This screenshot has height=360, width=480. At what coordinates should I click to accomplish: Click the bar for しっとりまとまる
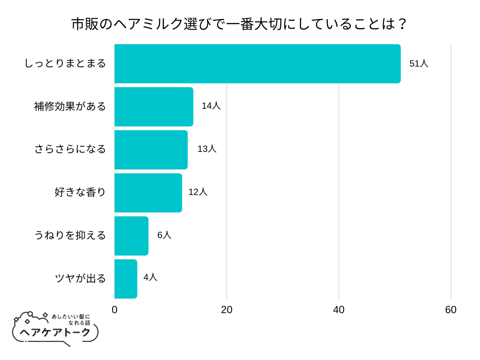[x=257, y=64]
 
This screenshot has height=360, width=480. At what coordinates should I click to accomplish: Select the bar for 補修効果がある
[x=154, y=107]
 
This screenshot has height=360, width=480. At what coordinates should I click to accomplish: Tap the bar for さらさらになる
[x=151, y=150]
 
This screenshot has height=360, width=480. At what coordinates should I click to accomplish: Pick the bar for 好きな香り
[x=148, y=193]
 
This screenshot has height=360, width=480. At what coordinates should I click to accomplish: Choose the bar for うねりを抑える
[x=131, y=236]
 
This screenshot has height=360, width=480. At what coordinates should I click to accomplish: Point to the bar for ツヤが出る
[x=126, y=279]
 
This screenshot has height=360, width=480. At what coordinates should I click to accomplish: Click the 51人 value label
[x=419, y=64]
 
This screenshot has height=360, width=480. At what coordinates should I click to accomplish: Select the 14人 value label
[x=211, y=106]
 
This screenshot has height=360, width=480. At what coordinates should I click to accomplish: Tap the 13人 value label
[x=207, y=149]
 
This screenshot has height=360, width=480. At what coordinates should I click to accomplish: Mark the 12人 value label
[x=198, y=192]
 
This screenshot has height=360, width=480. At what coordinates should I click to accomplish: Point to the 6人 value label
[x=164, y=235]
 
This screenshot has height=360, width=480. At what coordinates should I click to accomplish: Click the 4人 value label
[x=150, y=277]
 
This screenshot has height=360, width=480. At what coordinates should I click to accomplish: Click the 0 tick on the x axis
[x=115, y=310]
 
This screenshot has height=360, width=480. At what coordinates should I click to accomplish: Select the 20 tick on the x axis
[x=227, y=310]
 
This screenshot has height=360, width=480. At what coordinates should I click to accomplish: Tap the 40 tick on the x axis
[x=339, y=310]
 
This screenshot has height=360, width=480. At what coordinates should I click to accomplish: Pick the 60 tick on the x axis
[x=451, y=310]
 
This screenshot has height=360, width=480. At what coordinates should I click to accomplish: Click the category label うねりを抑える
[x=70, y=235]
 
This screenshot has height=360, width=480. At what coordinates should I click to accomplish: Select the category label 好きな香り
[x=80, y=192]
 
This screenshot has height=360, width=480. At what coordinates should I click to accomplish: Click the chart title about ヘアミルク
[x=240, y=24]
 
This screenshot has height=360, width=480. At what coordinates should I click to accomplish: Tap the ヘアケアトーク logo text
[x=55, y=332]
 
